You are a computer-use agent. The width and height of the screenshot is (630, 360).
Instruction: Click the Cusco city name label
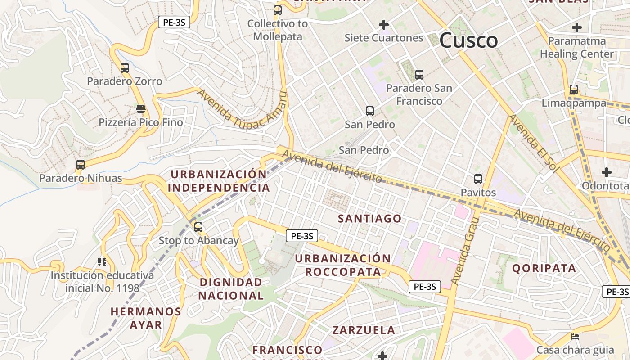tap(468, 40)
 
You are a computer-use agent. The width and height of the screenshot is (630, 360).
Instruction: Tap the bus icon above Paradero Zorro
tap(125, 68)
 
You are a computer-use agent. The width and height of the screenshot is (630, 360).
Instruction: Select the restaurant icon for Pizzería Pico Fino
tap(141, 109)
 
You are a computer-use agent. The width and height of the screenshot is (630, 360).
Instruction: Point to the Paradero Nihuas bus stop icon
tap(81, 165)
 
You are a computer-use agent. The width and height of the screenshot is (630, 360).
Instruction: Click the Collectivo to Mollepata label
tap(277, 30)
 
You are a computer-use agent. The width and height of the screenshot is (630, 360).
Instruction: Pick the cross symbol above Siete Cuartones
tap(383, 24)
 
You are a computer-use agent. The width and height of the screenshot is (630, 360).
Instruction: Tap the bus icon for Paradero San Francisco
tap(419, 75)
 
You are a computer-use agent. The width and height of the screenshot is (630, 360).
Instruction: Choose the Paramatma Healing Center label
tap(576, 47)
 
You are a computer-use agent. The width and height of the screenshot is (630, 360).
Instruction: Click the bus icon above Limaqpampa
tap(573, 90)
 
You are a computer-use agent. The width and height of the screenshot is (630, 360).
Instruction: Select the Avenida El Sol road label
tap(533, 143)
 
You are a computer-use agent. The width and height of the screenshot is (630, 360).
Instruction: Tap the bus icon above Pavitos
tap(478, 179)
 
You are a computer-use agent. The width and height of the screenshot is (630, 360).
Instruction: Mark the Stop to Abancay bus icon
tap(198, 227)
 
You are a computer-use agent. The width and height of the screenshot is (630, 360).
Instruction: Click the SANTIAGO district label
tap(369, 219)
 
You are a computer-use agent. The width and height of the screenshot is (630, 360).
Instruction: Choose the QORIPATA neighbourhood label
tap(544, 269)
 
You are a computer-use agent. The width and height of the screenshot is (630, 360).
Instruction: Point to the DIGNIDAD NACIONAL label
tap(231, 289)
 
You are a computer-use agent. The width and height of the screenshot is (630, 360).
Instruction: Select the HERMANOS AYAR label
tap(146, 318)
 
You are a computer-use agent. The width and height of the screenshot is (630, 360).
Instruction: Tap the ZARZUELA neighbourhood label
tap(364, 330)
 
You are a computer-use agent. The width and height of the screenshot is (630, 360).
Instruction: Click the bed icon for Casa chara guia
tap(575, 336)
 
